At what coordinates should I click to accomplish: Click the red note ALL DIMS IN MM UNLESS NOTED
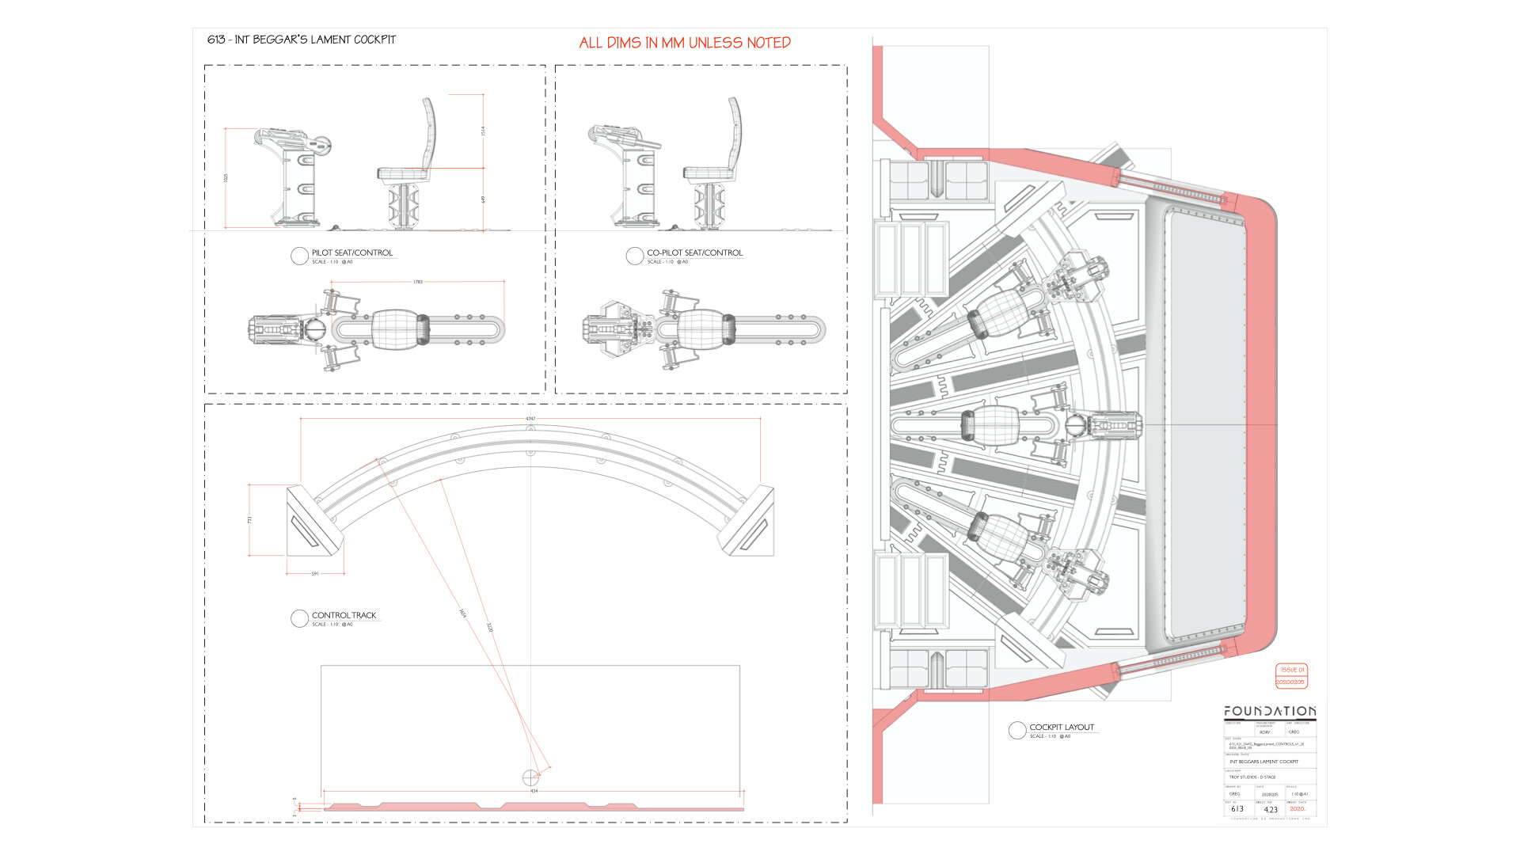click(685, 43)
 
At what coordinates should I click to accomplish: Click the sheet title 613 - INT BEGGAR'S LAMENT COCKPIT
click(302, 40)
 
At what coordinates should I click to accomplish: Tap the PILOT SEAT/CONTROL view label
click(352, 253)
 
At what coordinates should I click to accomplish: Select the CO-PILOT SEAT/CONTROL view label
click(695, 253)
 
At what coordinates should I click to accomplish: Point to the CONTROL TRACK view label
click(344, 615)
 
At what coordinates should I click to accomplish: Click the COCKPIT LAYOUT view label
click(1062, 727)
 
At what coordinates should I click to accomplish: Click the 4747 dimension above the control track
click(530, 419)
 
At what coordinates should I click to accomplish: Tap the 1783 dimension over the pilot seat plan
click(418, 282)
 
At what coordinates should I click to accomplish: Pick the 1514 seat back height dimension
click(483, 131)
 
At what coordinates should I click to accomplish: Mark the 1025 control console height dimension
click(226, 178)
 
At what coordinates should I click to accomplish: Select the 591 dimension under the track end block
click(315, 574)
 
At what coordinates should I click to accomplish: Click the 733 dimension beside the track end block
click(249, 520)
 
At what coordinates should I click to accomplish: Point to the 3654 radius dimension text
click(462, 614)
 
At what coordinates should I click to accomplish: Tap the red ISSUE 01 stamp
click(1292, 670)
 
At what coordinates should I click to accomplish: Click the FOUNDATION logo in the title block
click(1270, 711)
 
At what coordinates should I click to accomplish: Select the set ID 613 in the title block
click(1237, 809)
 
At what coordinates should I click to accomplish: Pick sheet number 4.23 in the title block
click(1271, 810)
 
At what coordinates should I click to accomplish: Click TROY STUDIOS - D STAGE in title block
click(1252, 777)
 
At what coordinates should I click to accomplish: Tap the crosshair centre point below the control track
click(530, 777)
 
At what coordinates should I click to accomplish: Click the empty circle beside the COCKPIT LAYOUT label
click(1017, 730)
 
